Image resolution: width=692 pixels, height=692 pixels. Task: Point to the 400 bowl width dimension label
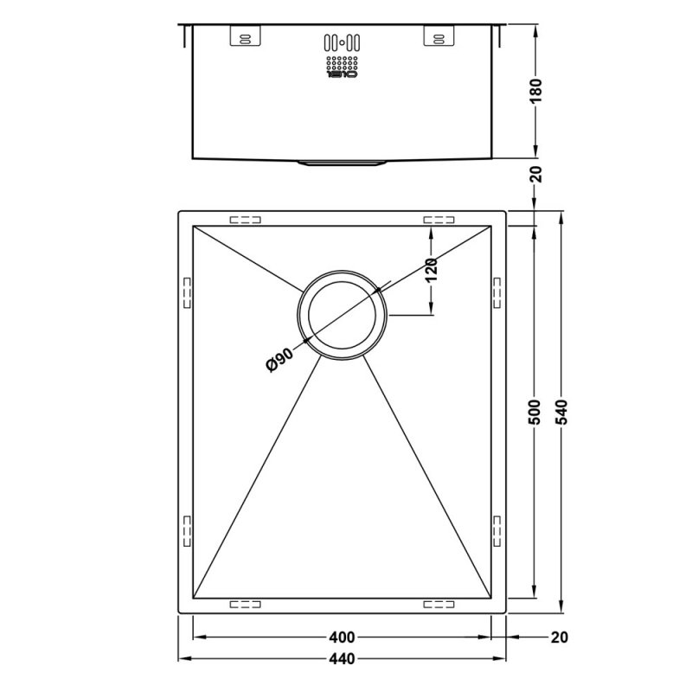point(343,638)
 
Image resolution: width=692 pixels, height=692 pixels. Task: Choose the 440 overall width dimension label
point(343,661)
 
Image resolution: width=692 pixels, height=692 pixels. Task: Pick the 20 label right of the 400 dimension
point(560,638)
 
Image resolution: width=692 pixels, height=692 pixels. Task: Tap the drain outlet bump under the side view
point(343,162)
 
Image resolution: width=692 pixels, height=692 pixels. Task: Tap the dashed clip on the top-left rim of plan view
point(245,220)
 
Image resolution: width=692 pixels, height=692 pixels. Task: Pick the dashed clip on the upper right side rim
point(496,292)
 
